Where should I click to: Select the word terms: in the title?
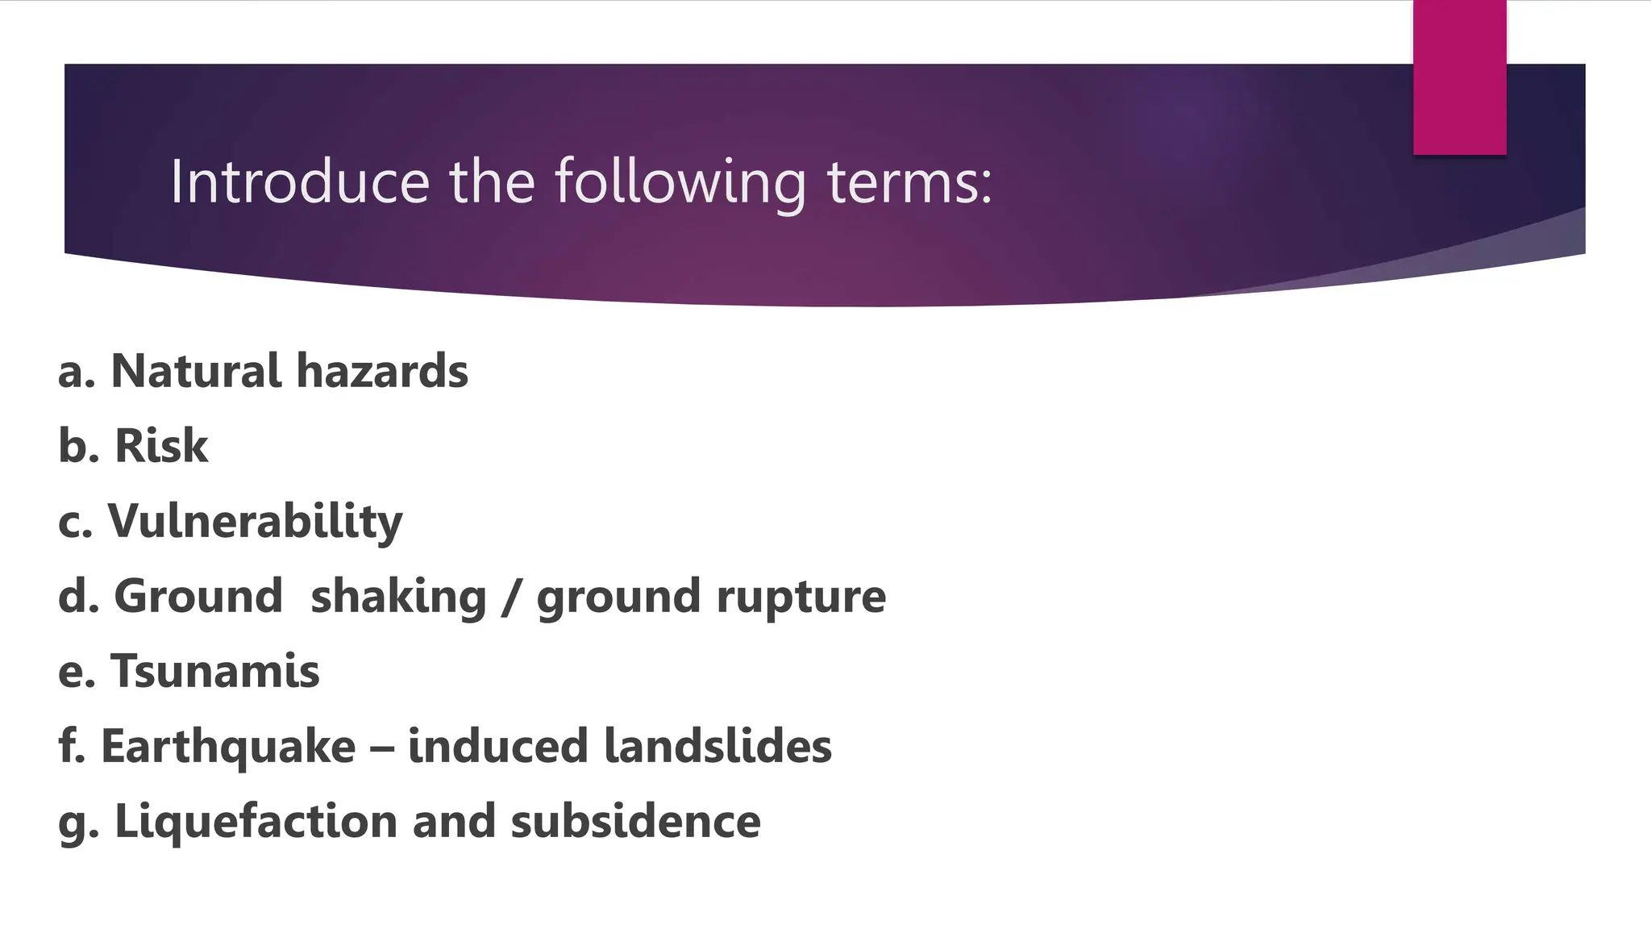(910, 182)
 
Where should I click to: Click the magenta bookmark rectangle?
(1459, 77)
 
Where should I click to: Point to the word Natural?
(196, 371)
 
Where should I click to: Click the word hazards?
(382, 371)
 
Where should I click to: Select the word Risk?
(161, 446)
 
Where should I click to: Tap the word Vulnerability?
(255, 523)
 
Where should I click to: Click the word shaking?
(398, 598)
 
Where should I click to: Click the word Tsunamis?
(215, 671)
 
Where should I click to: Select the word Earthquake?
(228, 748)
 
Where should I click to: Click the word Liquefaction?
(256, 823)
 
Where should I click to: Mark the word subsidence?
(635, 821)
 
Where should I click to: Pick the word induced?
(497, 746)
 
